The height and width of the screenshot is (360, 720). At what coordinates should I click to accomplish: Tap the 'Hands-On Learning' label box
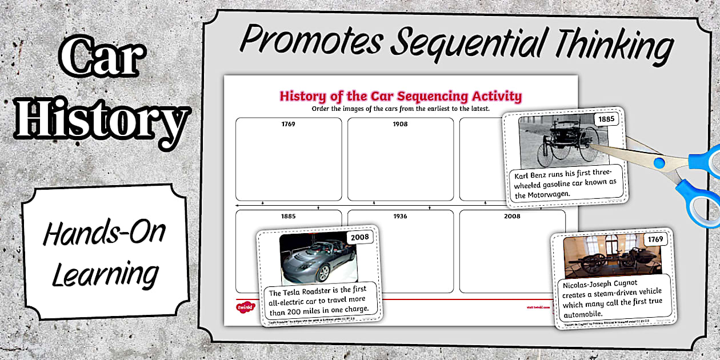(x=105, y=252)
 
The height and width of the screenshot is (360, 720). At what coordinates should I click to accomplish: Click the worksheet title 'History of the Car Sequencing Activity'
(x=400, y=95)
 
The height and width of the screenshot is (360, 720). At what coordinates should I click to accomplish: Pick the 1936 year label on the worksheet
(x=400, y=217)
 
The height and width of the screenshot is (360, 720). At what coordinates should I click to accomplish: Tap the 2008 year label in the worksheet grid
(x=512, y=217)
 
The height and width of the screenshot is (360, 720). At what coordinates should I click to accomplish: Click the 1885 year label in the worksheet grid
(x=289, y=217)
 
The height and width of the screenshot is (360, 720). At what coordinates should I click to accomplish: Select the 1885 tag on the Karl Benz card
(x=606, y=120)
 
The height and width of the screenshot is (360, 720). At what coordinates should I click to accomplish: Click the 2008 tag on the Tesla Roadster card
(x=361, y=237)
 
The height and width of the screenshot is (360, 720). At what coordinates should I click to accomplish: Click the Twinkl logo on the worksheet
(x=245, y=307)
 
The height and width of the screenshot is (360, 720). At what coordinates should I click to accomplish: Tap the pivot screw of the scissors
(x=659, y=163)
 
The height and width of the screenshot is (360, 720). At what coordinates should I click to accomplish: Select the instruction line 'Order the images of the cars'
(x=400, y=109)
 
